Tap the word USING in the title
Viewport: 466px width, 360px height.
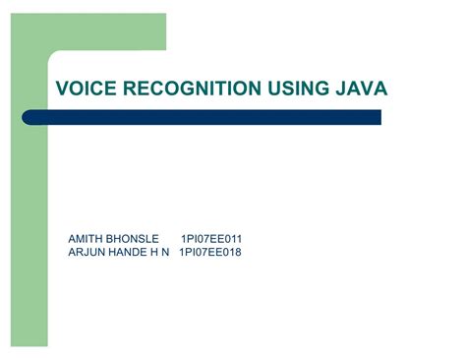[286, 90]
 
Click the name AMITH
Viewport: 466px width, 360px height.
[85, 239]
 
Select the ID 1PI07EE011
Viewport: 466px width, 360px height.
[211, 239]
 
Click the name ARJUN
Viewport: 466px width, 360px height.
[86, 253]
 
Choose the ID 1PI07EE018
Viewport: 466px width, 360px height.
[209, 253]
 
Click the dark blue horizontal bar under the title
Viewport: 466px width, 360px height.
[216, 117]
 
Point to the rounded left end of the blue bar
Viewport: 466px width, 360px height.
[56, 117]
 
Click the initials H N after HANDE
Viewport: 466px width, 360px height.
[162, 253]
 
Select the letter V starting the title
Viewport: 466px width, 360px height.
[62, 90]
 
